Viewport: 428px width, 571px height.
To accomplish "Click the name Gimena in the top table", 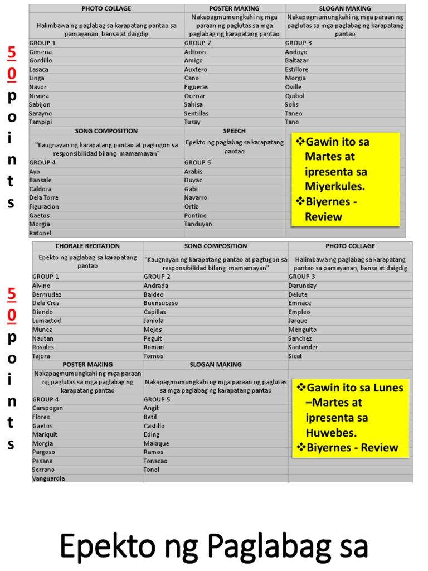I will pyautogui.click(x=41, y=52).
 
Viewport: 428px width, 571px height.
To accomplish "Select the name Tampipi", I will pyautogui.click(x=41, y=122).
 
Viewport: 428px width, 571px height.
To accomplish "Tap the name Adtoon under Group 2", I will pyautogui.click(x=195, y=52).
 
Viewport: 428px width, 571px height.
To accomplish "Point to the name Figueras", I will pyautogui.click(x=197, y=87).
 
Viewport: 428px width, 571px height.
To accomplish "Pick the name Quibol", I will pyautogui.click(x=295, y=96).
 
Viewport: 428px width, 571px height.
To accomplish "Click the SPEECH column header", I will pyautogui.click(x=234, y=131).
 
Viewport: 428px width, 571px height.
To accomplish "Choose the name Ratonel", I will pyautogui.click(x=40, y=233).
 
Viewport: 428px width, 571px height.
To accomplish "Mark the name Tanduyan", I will pyautogui.click(x=198, y=224).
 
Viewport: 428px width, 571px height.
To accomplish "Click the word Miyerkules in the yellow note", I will pyautogui.click(x=333, y=186).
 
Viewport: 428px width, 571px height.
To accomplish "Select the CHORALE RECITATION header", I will pyautogui.click(x=87, y=246).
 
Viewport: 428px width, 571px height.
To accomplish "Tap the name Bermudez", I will pyautogui.click(x=47, y=294).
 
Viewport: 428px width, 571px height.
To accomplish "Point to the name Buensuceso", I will pyautogui.click(x=161, y=303).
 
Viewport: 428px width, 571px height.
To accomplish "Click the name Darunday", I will pyautogui.click(x=303, y=285).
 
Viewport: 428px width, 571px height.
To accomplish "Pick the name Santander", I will pyautogui.click(x=303, y=347).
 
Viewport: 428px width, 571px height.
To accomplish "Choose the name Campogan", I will pyautogui.click(x=48, y=408).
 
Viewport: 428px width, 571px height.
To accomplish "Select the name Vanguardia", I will pyautogui.click(x=48, y=478).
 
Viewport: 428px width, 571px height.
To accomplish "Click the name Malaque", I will pyautogui.click(x=156, y=443).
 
